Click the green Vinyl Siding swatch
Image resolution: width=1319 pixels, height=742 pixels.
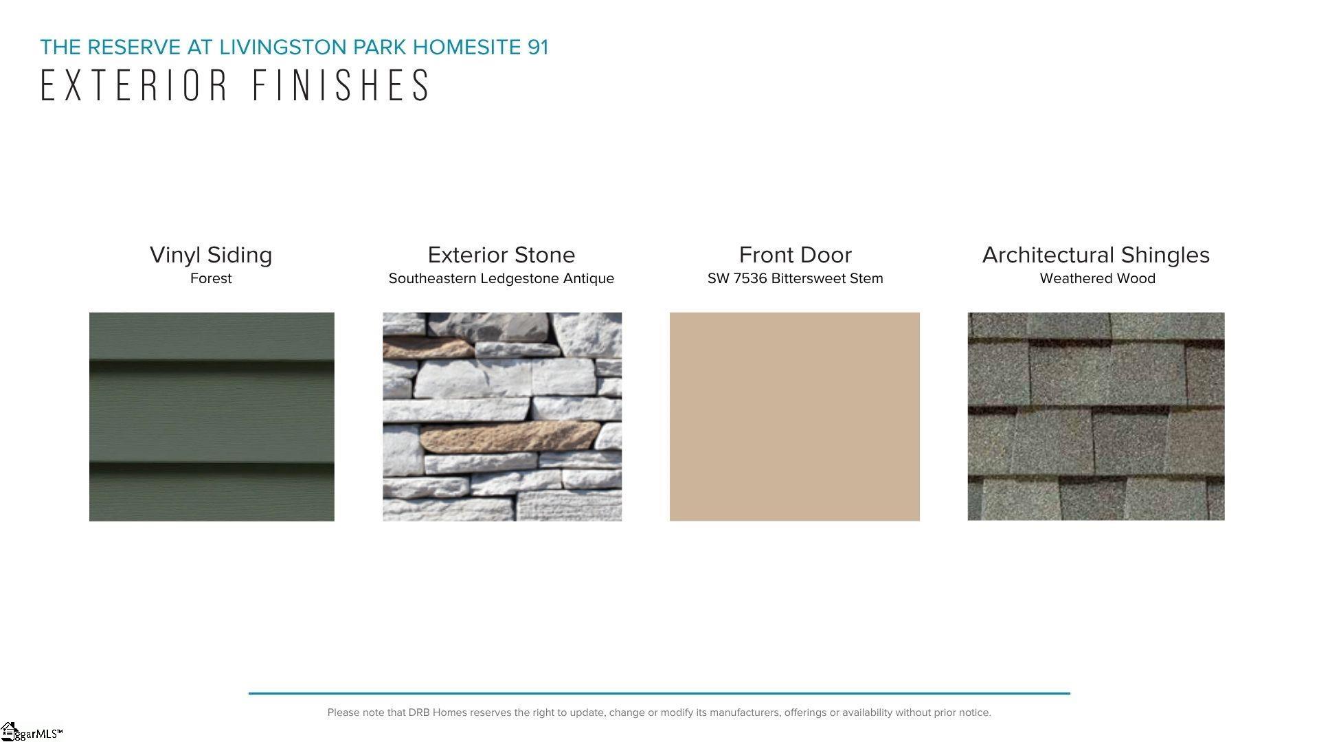[x=212, y=416]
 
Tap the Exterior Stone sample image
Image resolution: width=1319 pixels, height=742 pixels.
[x=502, y=416]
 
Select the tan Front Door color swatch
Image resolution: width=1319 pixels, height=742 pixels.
[x=794, y=416]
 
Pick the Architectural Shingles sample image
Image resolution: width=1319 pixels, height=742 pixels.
[x=1096, y=416]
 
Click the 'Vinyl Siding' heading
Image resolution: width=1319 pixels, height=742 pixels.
[x=211, y=256]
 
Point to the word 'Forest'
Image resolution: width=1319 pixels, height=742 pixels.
[x=211, y=278]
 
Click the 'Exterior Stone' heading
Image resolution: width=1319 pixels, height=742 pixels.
[x=501, y=255]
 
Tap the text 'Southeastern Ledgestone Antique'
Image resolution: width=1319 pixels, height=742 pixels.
[x=501, y=279]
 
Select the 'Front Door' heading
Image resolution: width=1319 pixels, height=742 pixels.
[x=796, y=255]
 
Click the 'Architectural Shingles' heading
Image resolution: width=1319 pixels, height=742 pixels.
[x=1096, y=256]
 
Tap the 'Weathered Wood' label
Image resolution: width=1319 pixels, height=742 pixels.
[x=1097, y=278]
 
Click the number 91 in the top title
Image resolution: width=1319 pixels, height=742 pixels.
[x=538, y=47]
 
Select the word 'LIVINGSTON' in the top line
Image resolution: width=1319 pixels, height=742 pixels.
[x=283, y=47]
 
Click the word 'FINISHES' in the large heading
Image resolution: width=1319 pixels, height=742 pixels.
[x=341, y=85]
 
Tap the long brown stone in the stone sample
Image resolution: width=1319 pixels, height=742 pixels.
[x=510, y=436]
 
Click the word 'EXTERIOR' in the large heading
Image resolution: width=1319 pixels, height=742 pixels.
[x=135, y=85]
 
